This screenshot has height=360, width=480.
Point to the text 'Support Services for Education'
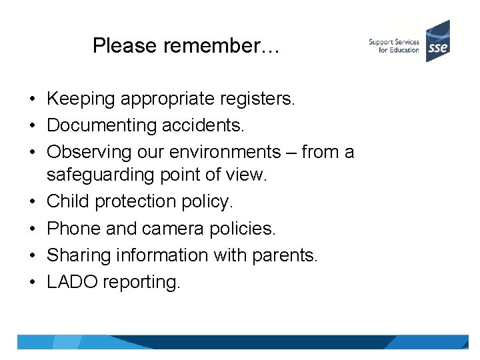click(x=393, y=46)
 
